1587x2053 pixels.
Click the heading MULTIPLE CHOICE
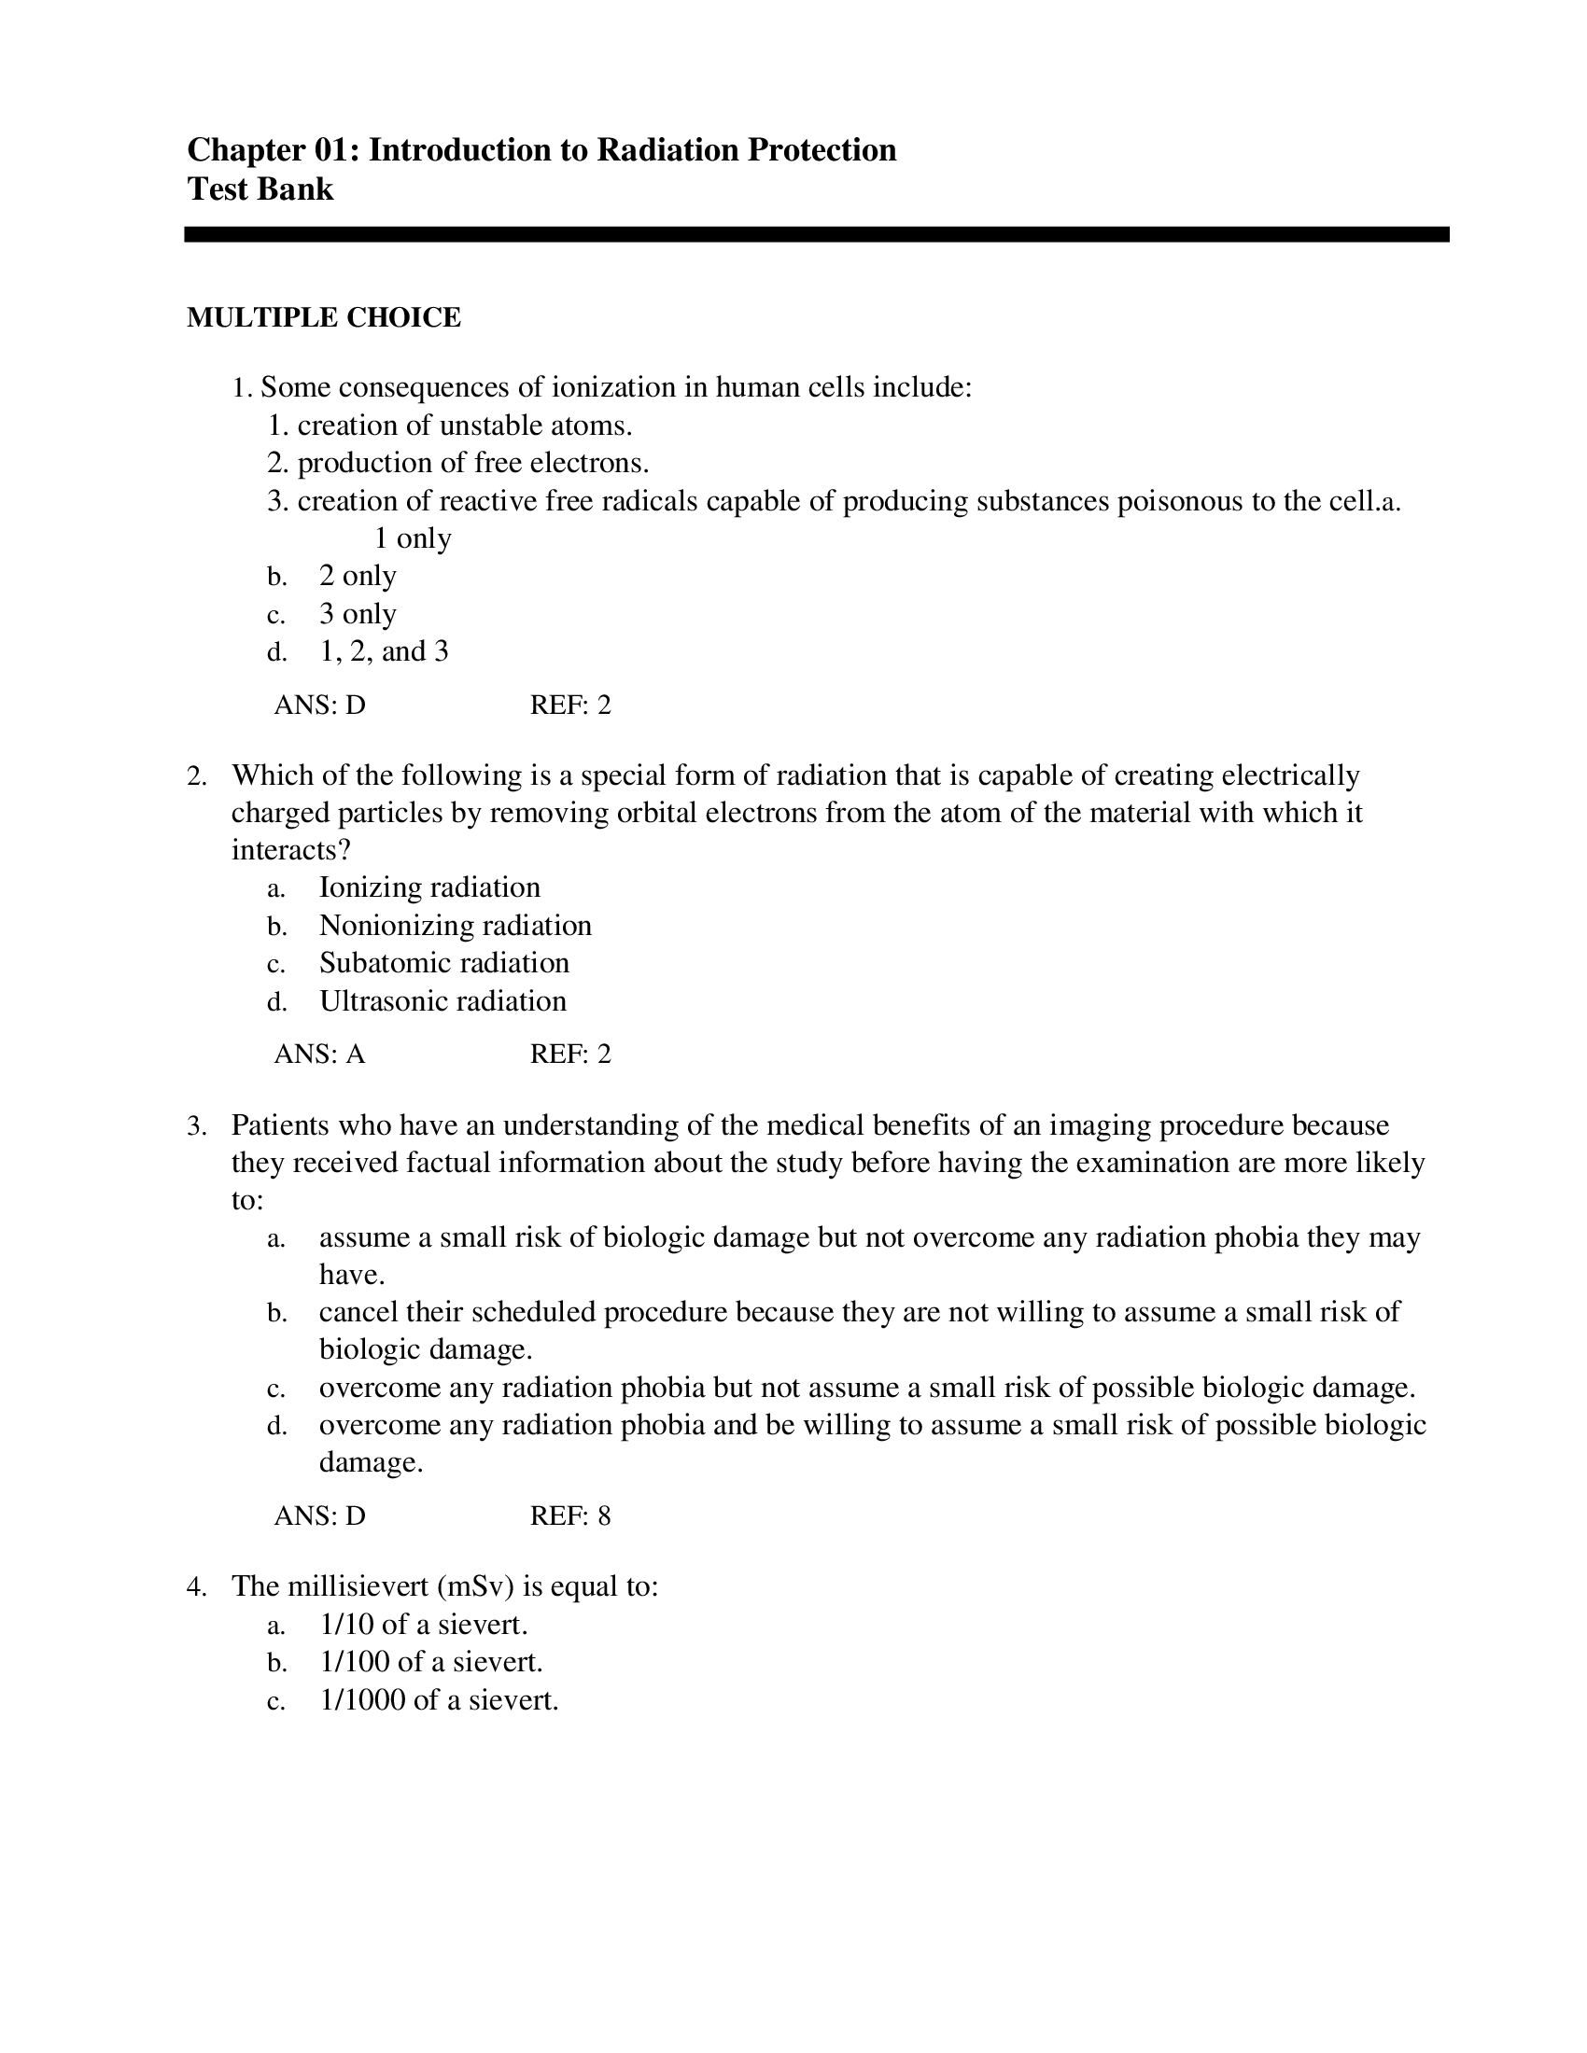point(323,317)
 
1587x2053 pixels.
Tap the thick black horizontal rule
point(816,235)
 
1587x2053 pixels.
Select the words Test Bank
point(260,189)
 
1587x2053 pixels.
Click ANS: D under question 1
point(319,705)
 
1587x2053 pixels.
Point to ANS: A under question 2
point(319,1054)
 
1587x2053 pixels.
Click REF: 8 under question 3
point(569,1516)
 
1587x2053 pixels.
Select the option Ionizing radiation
point(429,887)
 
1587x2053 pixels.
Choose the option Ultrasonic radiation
point(442,1001)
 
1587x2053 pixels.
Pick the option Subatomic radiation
point(443,964)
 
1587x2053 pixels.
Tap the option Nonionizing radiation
point(455,926)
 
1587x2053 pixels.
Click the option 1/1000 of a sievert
point(439,1700)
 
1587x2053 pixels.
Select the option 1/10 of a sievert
point(423,1626)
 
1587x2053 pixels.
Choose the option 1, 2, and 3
point(384,651)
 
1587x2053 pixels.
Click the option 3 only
point(358,614)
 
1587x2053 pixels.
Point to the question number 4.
point(195,1587)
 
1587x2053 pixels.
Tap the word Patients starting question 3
point(280,1125)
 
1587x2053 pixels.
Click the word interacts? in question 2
point(291,850)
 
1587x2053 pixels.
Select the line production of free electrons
point(472,464)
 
